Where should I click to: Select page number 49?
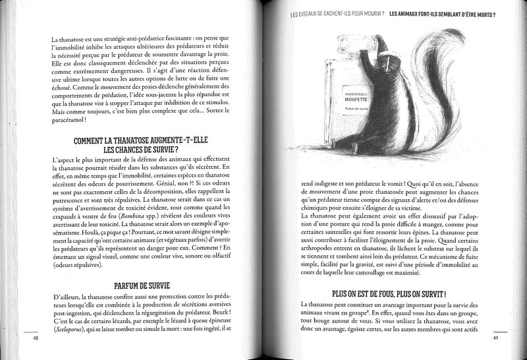(x=496, y=339)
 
